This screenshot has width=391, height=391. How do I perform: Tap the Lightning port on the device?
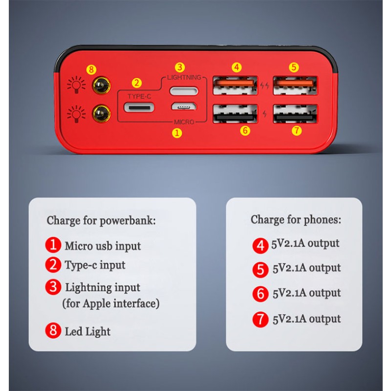pos(184,91)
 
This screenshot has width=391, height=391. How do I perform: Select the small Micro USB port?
pos(184,107)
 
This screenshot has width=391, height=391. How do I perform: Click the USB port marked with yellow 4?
pos(235,86)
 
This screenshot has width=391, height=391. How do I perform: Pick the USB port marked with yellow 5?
pos(296,86)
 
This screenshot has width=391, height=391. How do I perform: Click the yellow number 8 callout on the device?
pos(91,69)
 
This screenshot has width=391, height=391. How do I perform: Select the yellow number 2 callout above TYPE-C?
pos(137,83)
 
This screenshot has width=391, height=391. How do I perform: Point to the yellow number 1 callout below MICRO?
pos(178,132)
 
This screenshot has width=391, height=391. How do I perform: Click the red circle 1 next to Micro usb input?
pos(53,245)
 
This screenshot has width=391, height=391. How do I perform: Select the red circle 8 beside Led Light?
pos(53,331)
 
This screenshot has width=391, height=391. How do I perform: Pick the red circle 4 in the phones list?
pos(261,245)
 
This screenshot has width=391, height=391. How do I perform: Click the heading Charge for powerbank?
pos(101,220)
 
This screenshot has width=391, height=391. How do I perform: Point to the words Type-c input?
pos(95,265)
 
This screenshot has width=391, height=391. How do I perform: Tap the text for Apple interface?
pos(111,304)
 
